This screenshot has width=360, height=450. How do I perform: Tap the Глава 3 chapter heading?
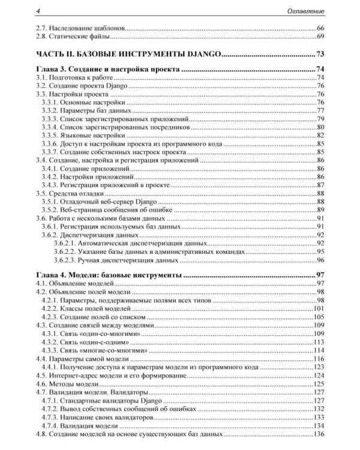(x=109, y=70)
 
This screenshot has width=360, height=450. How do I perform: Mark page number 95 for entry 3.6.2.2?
(x=320, y=251)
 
